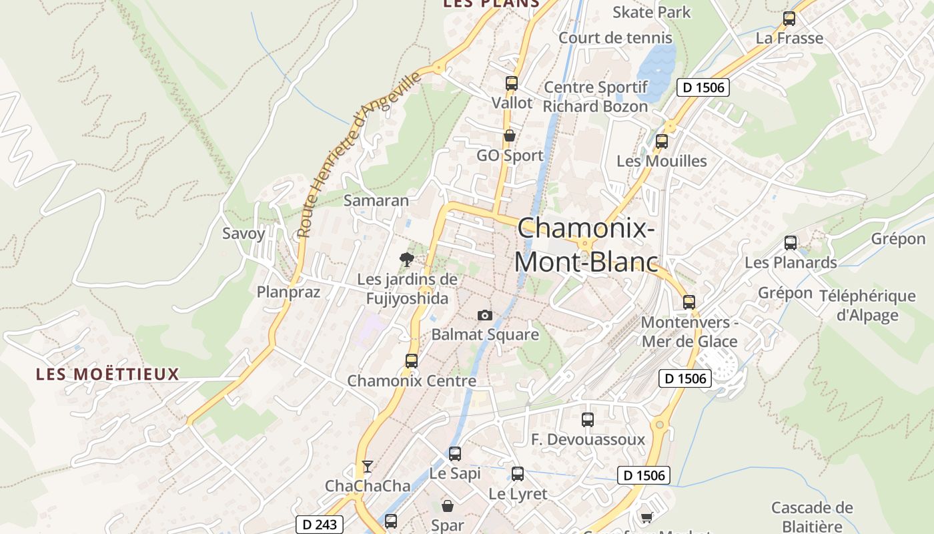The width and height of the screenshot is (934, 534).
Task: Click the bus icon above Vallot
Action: [x=512, y=83]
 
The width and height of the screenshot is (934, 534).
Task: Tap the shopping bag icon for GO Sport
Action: [x=510, y=136]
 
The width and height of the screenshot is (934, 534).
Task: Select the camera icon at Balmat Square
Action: [x=485, y=315]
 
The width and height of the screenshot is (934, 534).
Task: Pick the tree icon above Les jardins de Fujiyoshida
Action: [x=406, y=260]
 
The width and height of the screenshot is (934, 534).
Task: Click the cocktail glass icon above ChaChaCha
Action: [x=367, y=466]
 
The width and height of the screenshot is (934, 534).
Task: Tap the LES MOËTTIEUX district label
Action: [x=107, y=374]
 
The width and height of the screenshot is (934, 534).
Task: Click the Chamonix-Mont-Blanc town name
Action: [x=586, y=245]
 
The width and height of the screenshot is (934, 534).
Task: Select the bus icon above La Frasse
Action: [x=789, y=19]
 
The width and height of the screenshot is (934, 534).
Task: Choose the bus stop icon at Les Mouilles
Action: [x=661, y=142]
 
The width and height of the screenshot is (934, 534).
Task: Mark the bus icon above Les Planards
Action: [x=791, y=243]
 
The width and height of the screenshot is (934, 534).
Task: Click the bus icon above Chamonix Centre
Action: [x=412, y=361]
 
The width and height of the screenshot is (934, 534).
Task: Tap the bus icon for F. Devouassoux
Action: [x=588, y=420]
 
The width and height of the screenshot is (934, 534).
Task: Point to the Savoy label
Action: [x=244, y=234]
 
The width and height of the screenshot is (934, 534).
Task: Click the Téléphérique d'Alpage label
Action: [x=867, y=306]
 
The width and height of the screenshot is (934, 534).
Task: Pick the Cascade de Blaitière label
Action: [x=811, y=517]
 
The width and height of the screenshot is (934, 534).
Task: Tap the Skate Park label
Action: [x=651, y=12]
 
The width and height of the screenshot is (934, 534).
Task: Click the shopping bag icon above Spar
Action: [x=448, y=506]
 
